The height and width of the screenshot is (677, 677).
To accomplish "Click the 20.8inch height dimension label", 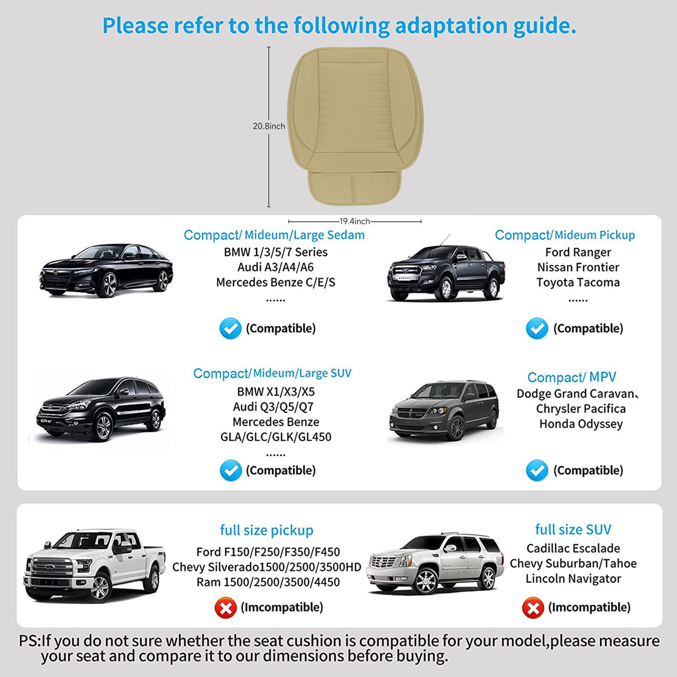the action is pos(269,126).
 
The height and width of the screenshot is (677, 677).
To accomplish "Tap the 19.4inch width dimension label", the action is pos(354,221).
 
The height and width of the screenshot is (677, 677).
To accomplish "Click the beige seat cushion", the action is pos(355,125).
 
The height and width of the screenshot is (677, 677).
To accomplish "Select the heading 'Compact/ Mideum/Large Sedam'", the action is pos(274,235).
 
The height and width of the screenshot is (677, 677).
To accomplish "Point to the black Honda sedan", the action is pos(106,270).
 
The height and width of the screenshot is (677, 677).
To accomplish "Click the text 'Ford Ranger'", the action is pos(578,252).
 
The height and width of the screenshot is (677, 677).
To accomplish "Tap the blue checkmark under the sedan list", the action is pos(230,328).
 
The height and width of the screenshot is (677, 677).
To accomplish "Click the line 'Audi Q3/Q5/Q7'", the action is pos(273,407).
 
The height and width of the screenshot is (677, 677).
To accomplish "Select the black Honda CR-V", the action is pos(101,408).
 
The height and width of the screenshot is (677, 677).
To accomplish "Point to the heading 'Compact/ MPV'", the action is pos(572,377).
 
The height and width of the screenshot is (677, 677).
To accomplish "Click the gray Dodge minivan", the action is pos(445,410).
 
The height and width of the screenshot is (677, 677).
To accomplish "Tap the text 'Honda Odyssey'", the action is pos(581,424).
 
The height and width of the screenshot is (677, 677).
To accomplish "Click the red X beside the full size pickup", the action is pos(226,608).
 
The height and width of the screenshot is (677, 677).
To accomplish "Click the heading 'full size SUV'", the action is pos(573,529).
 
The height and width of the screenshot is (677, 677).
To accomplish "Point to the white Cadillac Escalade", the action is pos(435,564).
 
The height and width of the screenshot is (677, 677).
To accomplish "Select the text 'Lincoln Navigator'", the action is pos(573,579).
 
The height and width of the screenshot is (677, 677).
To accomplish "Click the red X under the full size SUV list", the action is pos(533,608).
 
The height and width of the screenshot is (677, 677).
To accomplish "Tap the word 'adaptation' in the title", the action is pos(451,26).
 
